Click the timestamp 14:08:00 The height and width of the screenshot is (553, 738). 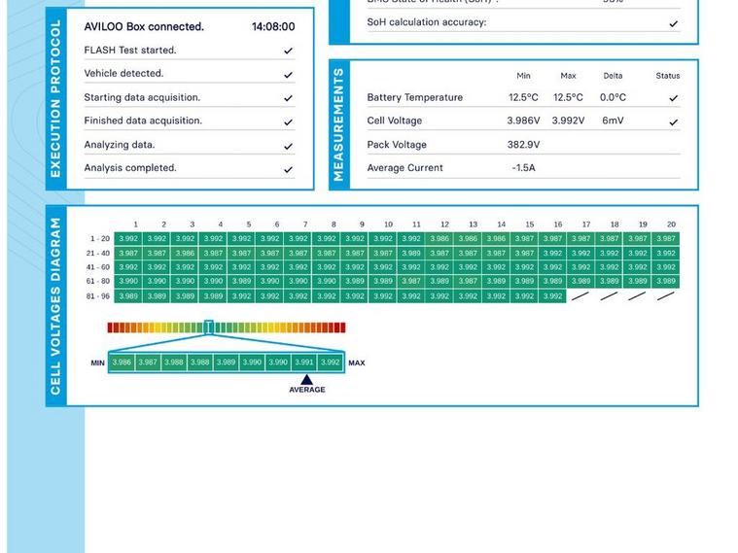tap(272, 27)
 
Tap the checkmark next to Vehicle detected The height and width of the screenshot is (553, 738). tap(288, 74)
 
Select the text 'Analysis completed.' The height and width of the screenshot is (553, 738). tap(130, 168)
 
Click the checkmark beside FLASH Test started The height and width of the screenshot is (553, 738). tap(288, 51)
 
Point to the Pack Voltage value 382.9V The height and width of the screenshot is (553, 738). tap(523, 145)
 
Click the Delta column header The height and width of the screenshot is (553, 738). tap(613, 76)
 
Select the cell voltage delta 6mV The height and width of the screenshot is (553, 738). tap(613, 121)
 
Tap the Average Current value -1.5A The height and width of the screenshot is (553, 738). tap(523, 168)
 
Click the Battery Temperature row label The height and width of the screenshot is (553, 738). tap(414, 98)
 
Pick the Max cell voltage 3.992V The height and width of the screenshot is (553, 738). tap(568, 121)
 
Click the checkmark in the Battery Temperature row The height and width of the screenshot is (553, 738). tap(673, 98)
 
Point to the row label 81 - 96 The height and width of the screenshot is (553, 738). tap(98, 296)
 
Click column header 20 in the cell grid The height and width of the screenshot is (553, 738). tap(671, 225)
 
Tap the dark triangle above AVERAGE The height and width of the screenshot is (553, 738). tap(306, 380)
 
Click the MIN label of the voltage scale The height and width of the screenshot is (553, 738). tap(98, 363)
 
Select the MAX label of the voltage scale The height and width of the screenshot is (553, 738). tap(357, 363)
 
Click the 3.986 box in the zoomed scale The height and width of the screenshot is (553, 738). tap(122, 363)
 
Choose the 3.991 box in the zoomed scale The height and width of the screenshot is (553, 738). tap(304, 363)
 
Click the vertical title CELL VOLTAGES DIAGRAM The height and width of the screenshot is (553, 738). tap(55, 305)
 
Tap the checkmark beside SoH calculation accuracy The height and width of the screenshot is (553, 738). tap(673, 23)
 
